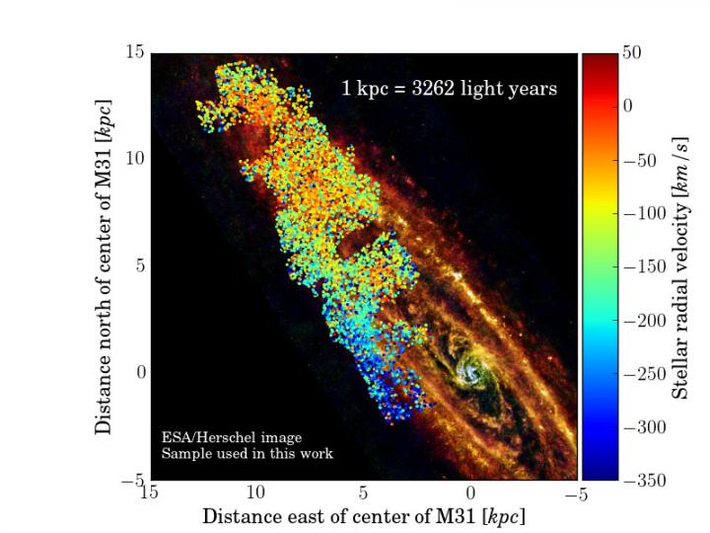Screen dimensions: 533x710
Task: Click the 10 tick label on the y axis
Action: pyautogui.click(x=135, y=159)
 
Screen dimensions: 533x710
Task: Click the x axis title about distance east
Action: pyautogui.click(x=364, y=516)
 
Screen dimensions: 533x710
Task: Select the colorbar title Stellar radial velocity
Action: pyautogui.click(x=680, y=266)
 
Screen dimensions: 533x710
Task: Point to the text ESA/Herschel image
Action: pyautogui.click(x=232, y=437)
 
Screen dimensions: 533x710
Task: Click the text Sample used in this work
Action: pyautogui.click(x=247, y=454)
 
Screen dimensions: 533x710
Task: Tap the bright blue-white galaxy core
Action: pyautogui.click(x=470, y=373)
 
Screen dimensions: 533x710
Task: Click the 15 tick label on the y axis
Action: pyautogui.click(x=135, y=53)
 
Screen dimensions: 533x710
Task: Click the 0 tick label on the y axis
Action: pyautogui.click(x=139, y=373)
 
